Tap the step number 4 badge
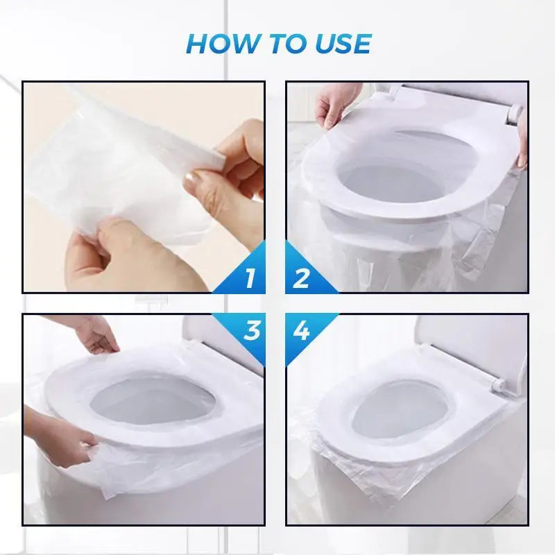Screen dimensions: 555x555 [x=301, y=330]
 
